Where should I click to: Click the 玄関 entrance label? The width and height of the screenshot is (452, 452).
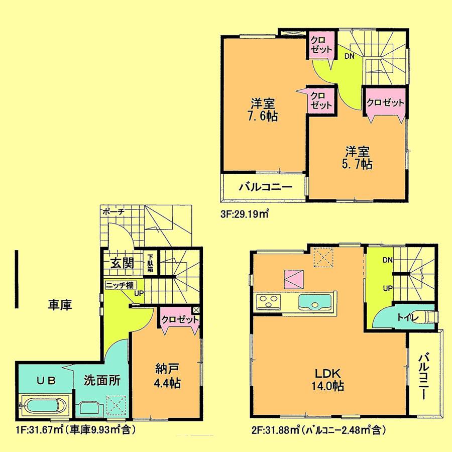tap(121, 263)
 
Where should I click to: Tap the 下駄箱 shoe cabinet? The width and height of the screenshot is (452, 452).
tap(150, 263)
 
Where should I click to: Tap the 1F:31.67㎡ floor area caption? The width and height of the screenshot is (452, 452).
tap(75, 430)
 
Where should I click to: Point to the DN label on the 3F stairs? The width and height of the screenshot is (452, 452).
tap(349, 56)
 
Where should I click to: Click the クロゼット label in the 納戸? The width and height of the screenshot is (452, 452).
tap(180, 319)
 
